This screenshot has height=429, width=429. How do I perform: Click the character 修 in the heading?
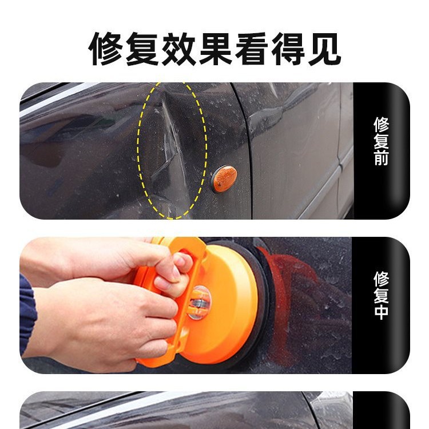coord(107,49)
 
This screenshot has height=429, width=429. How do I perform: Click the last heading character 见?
coord(331,49)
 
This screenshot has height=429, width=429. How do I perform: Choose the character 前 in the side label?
coord(381,158)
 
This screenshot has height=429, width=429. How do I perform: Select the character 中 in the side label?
coord(381,312)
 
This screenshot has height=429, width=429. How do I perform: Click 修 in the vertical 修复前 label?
coord(381,125)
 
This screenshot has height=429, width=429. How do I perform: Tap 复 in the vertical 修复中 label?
coord(381,295)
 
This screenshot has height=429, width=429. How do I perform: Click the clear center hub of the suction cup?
coord(201,300)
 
